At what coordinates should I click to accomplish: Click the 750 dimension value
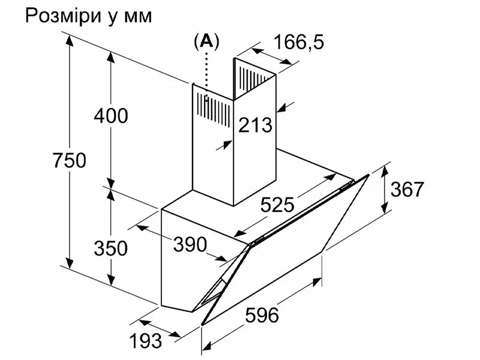[x=70, y=160]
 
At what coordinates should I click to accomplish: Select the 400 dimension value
[x=111, y=115]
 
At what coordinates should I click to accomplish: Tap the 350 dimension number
[x=111, y=247]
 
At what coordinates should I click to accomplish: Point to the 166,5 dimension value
[x=298, y=43]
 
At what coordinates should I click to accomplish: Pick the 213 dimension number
[x=255, y=125]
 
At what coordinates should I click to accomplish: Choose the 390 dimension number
[x=190, y=244]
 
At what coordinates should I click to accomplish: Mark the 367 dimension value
[x=407, y=190]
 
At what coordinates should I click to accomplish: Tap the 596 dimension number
[x=262, y=314]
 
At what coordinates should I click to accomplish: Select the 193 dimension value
[x=146, y=341]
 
